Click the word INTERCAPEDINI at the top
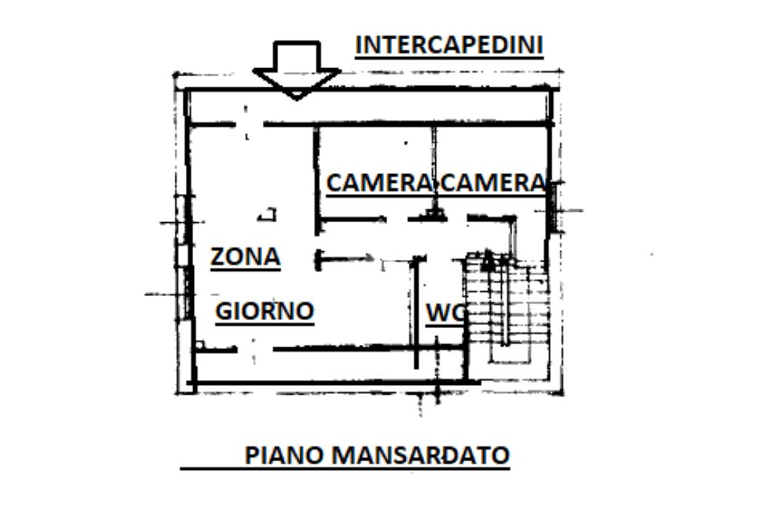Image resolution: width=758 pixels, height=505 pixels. coord(449,45)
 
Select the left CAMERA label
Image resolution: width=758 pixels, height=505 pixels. coord(378,183)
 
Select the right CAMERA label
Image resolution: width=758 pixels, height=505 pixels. coord(492,183)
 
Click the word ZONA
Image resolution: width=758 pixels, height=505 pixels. coord(245,257)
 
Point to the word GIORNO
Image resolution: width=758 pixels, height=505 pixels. coord(264,311)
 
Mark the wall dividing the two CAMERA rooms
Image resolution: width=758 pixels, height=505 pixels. coord(435,159)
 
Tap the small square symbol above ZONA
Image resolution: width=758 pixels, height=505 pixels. coord(268,215)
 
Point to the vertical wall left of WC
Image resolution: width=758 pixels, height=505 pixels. coord(415,311)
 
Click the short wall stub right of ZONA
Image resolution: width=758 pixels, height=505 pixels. coord(344,258)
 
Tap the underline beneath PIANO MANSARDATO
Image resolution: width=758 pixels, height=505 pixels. coord(345,468)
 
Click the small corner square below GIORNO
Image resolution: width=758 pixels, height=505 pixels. coord(199,344)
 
